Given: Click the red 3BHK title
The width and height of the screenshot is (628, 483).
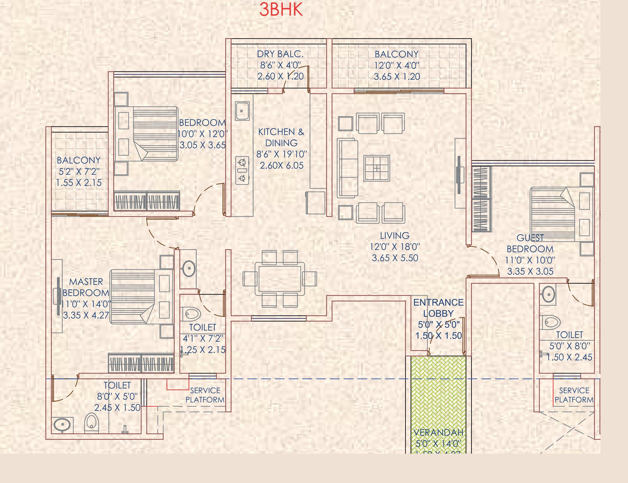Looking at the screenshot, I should [x=281, y=10].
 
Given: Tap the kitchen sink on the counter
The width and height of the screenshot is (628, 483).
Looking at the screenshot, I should [x=242, y=111].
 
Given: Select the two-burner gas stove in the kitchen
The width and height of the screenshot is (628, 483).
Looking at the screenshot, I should [x=242, y=170].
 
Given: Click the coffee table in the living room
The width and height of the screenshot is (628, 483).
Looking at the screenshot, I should [x=376, y=168].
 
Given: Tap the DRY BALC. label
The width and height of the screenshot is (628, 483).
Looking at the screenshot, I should [x=280, y=54].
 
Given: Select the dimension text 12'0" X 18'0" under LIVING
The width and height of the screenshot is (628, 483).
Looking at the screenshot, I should [x=395, y=247].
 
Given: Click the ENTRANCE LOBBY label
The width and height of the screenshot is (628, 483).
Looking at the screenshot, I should [x=438, y=308].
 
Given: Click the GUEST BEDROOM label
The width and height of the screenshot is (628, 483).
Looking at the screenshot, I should [x=530, y=243].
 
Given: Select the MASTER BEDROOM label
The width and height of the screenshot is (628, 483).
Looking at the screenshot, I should [x=86, y=287].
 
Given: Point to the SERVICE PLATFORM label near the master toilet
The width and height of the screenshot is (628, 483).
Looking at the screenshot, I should [x=205, y=395].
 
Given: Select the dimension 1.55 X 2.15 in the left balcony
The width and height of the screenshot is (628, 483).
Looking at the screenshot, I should [x=79, y=183].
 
